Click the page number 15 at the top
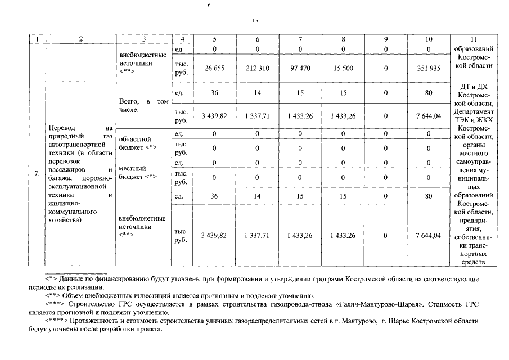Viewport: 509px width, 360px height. (x=255, y=20)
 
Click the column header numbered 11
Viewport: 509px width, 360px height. (x=474, y=39)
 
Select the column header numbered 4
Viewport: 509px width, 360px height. (x=182, y=39)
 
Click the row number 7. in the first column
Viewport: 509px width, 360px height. (x=37, y=174)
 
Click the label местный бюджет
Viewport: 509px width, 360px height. (x=133, y=172)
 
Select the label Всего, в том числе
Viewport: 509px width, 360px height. (x=144, y=105)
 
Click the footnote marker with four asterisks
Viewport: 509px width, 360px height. (x=57, y=321)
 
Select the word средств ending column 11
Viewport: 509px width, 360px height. (x=474, y=261)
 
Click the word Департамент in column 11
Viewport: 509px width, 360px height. (x=474, y=112)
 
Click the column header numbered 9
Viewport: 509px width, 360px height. (x=386, y=39)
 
